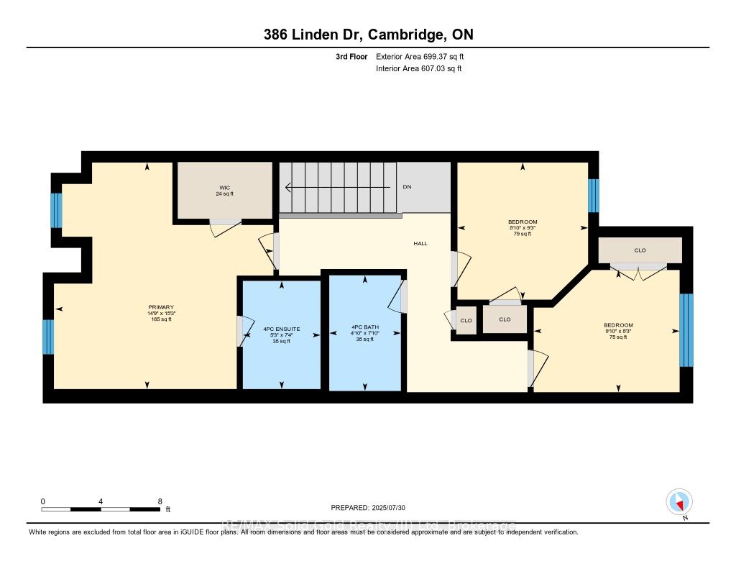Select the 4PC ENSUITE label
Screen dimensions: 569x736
point(281,329)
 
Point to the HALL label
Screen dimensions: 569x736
point(420,243)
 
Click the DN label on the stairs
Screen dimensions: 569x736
point(407,187)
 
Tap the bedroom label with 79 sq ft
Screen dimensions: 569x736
point(523,222)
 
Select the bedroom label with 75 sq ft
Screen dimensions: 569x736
point(618,325)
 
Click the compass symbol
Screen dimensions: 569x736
point(678,501)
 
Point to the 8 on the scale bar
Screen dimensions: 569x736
point(160,501)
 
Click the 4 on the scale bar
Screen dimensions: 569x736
point(101,501)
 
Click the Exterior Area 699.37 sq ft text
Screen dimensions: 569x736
point(425,56)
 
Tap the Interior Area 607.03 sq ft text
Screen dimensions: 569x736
point(418,69)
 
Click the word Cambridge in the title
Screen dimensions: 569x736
point(405,35)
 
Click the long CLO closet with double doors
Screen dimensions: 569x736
point(640,250)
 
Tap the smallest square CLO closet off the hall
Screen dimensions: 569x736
point(466,320)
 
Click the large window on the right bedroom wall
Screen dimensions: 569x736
point(686,330)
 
